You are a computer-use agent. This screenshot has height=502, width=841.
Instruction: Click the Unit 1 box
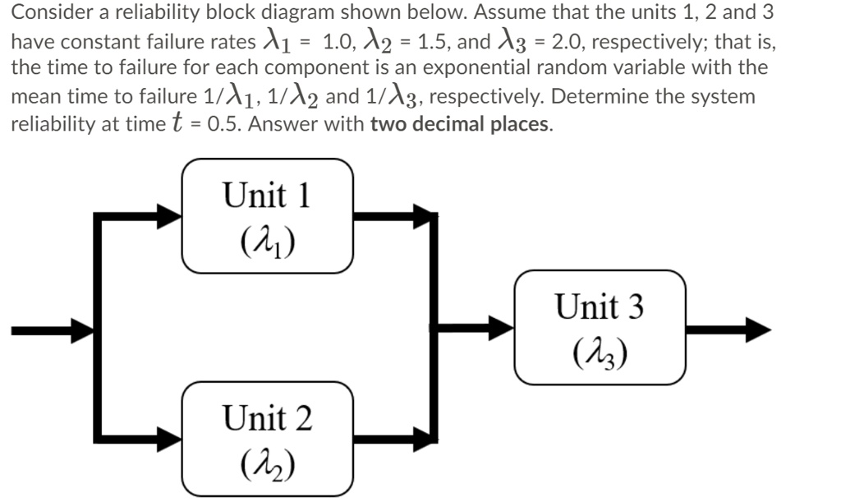pyautogui.click(x=268, y=216)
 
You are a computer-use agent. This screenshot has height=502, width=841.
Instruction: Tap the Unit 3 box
pyautogui.click(x=600, y=329)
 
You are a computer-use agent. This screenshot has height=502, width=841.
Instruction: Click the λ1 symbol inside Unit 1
pyautogui.click(x=268, y=241)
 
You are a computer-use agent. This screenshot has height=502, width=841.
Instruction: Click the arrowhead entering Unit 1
pyautogui.click(x=170, y=217)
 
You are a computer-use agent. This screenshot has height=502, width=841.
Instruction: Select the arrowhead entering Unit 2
pyautogui.click(x=170, y=437)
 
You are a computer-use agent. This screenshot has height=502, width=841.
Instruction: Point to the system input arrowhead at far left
pyautogui.click(x=83, y=330)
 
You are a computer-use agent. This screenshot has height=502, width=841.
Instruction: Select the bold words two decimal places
pyautogui.click(x=459, y=125)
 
